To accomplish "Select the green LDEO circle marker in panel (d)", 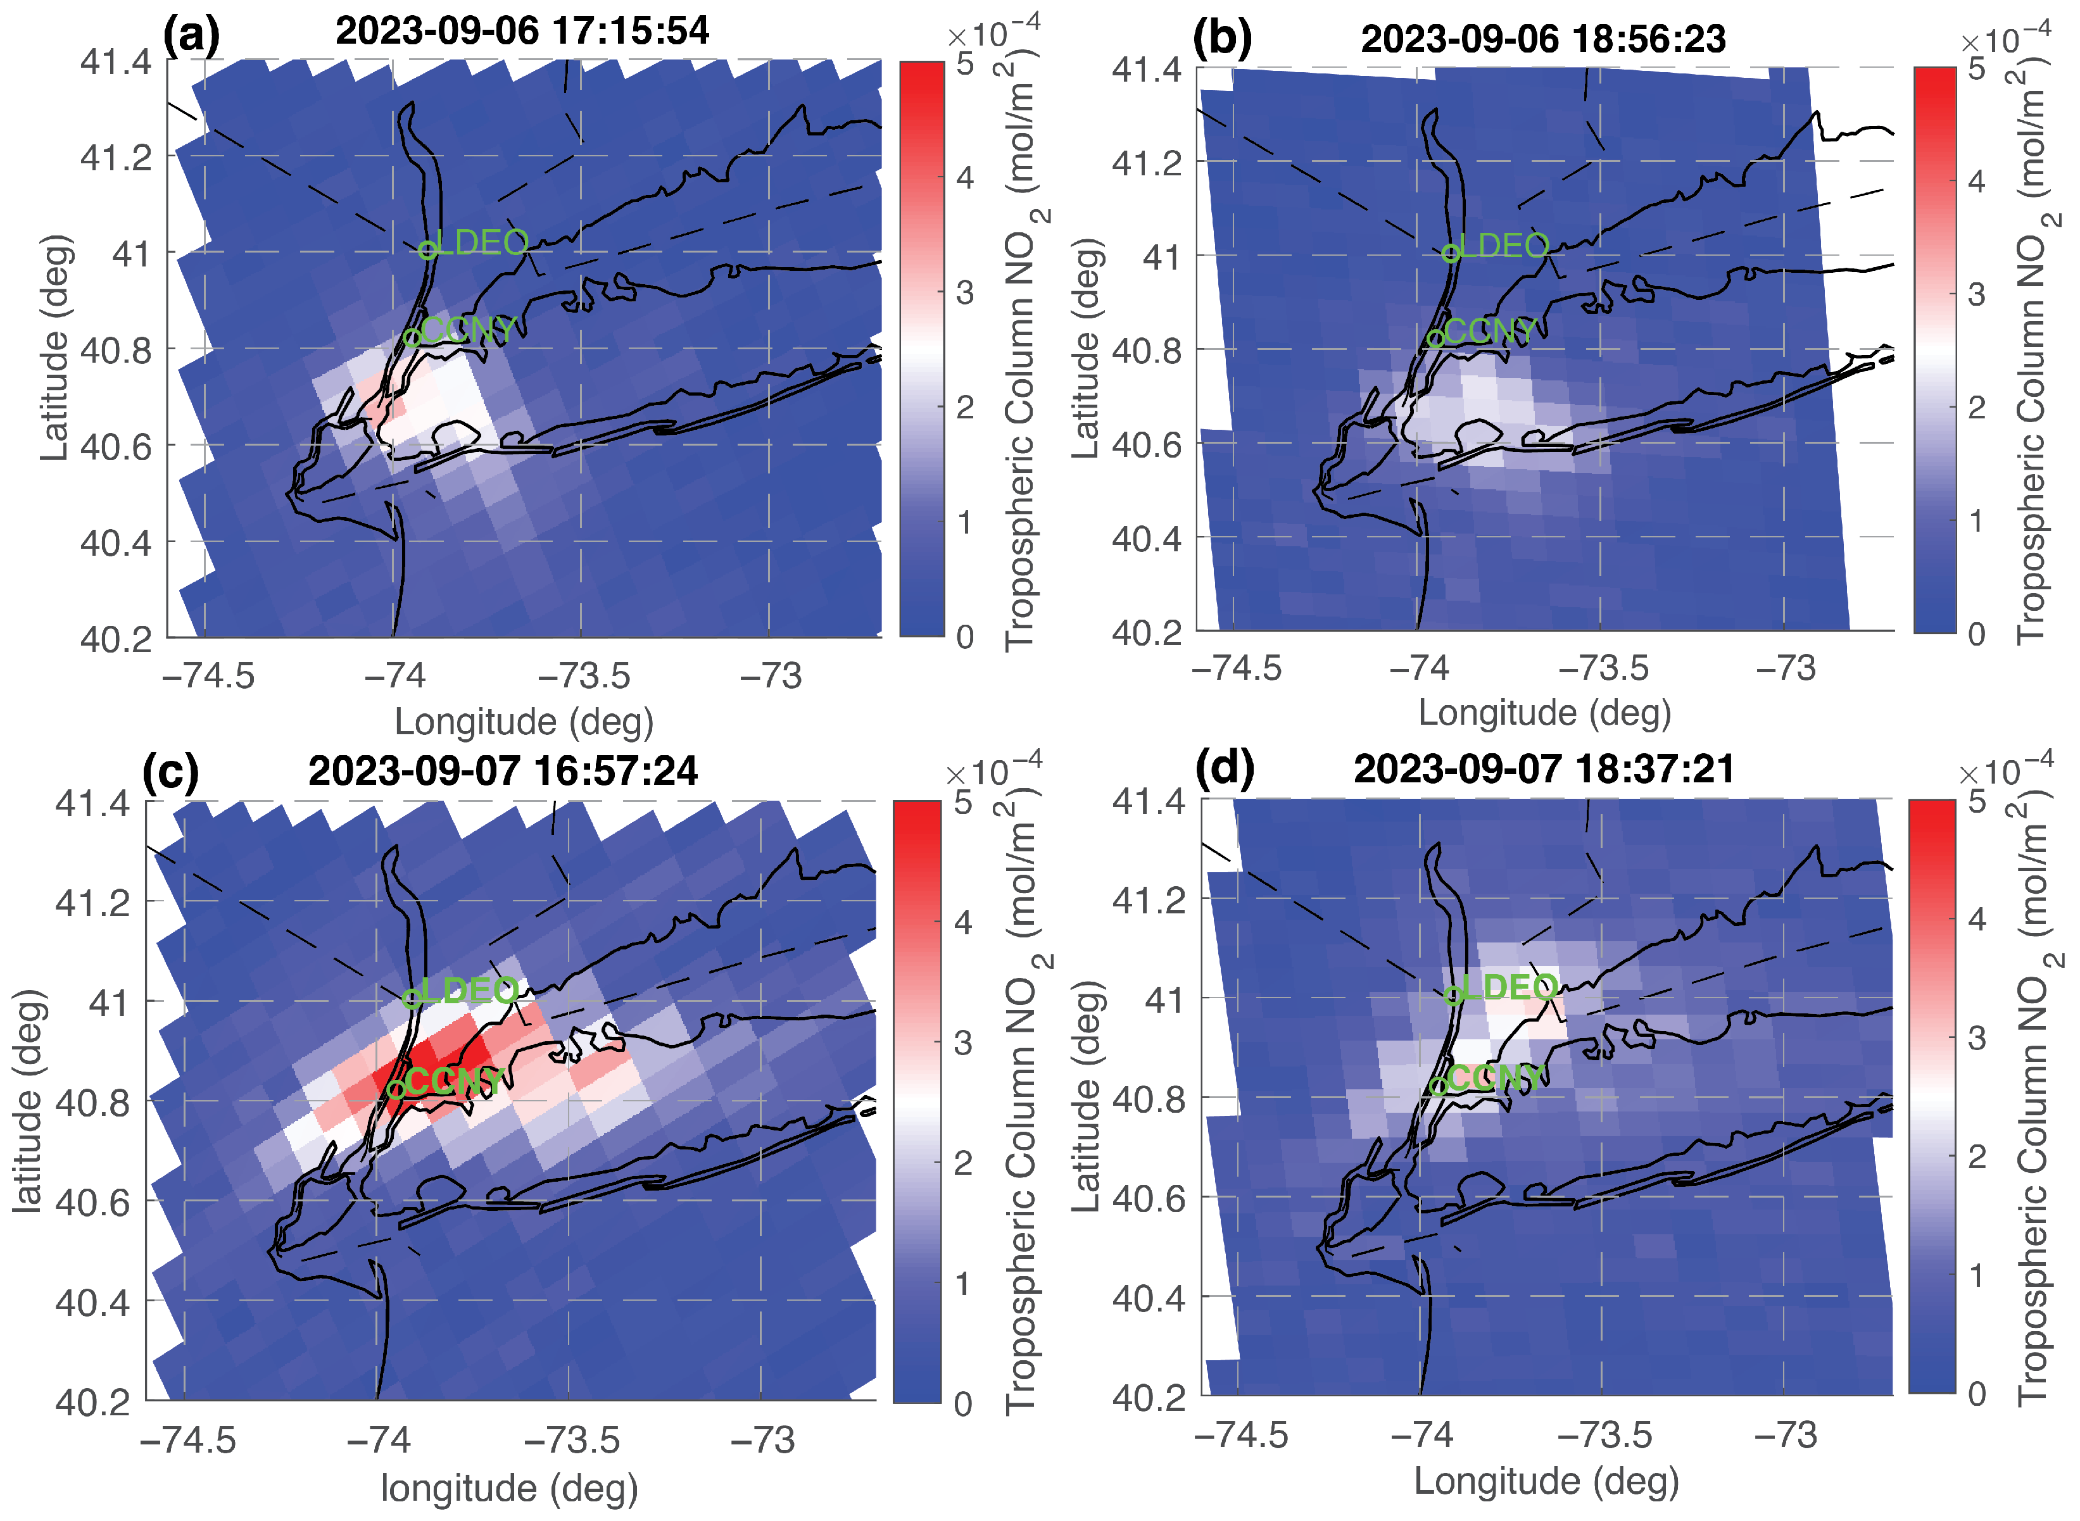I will (1452, 995).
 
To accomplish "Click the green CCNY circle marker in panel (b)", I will (1435, 339).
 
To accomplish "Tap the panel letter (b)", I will (1222, 38).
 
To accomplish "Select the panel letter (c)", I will (170, 772).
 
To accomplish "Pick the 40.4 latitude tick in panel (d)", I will (1148, 1298).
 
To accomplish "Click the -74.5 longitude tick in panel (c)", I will (188, 1440).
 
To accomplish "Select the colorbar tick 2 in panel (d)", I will (1976, 1156).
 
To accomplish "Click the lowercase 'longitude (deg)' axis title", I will (509, 1489).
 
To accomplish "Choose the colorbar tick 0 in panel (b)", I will (1976, 634).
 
